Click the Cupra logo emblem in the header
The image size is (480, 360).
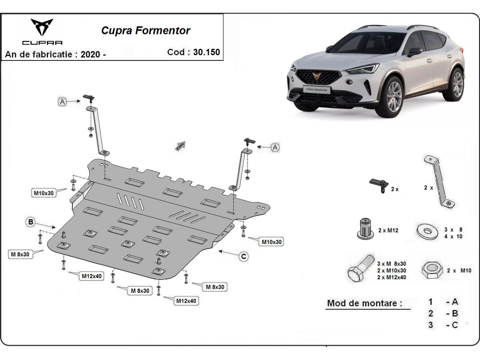tap(42, 28)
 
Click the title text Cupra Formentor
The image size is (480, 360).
tap(146, 31)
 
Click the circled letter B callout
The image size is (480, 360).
tap(31, 222)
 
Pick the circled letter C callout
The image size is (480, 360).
tap(244, 256)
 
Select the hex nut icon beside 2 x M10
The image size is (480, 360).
tap(431, 270)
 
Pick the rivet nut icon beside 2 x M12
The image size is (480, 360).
tap(365, 229)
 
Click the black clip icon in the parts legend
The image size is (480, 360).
tap(378, 184)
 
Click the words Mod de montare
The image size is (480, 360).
tap(364, 303)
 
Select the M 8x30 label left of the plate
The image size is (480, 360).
tap(20, 254)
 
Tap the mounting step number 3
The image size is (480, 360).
tap(430, 325)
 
